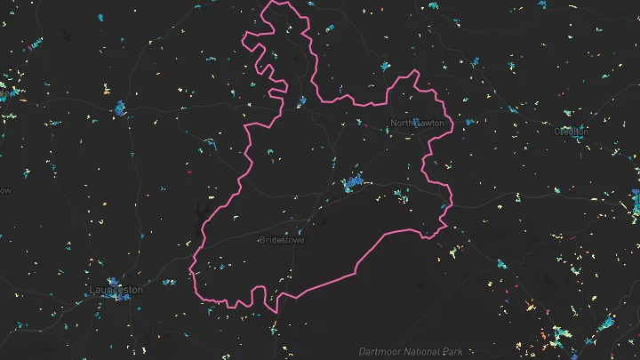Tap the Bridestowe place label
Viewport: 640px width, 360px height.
click(x=281, y=240)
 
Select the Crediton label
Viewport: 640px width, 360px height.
click(x=571, y=132)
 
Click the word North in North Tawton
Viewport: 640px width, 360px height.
click(x=404, y=124)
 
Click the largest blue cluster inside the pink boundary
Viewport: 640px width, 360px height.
click(x=355, y=184)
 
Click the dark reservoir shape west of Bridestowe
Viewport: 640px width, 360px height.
click(x=197, y=214)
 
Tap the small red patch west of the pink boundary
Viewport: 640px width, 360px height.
click(x=188, y=172)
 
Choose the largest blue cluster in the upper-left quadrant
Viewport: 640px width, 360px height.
click(x=119, y=108)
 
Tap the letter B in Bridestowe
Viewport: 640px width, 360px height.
click(x=261, y=240)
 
